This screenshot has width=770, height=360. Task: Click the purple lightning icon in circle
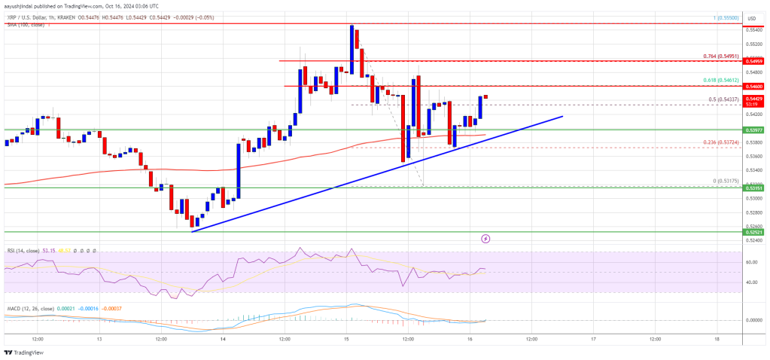[x=485, y=238]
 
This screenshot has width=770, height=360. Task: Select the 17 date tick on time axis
[x=593, y=340]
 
